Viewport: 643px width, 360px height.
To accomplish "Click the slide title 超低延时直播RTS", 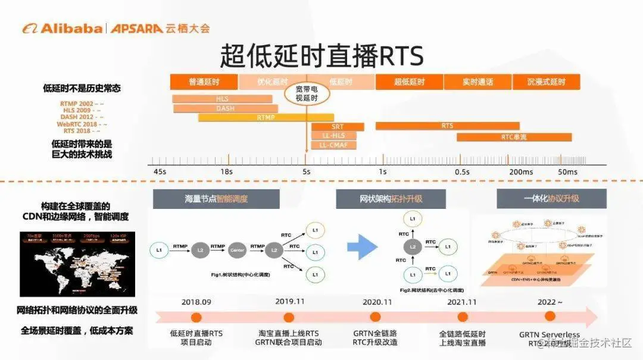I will [321, 57].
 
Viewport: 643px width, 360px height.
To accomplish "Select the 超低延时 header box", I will [409, 82].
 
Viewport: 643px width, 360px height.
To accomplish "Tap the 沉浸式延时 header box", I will [547, 82].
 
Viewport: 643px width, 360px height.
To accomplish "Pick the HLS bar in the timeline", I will [222, 99].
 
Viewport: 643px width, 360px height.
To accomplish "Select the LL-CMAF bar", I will [334, 145].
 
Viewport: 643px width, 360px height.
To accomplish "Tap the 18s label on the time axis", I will [226, 172].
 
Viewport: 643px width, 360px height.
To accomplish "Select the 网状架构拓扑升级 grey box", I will [391, 199].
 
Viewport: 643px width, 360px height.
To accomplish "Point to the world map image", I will [77, 264].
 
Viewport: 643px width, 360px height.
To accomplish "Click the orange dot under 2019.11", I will [289, 318].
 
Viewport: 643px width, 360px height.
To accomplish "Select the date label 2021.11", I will [462, 302].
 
